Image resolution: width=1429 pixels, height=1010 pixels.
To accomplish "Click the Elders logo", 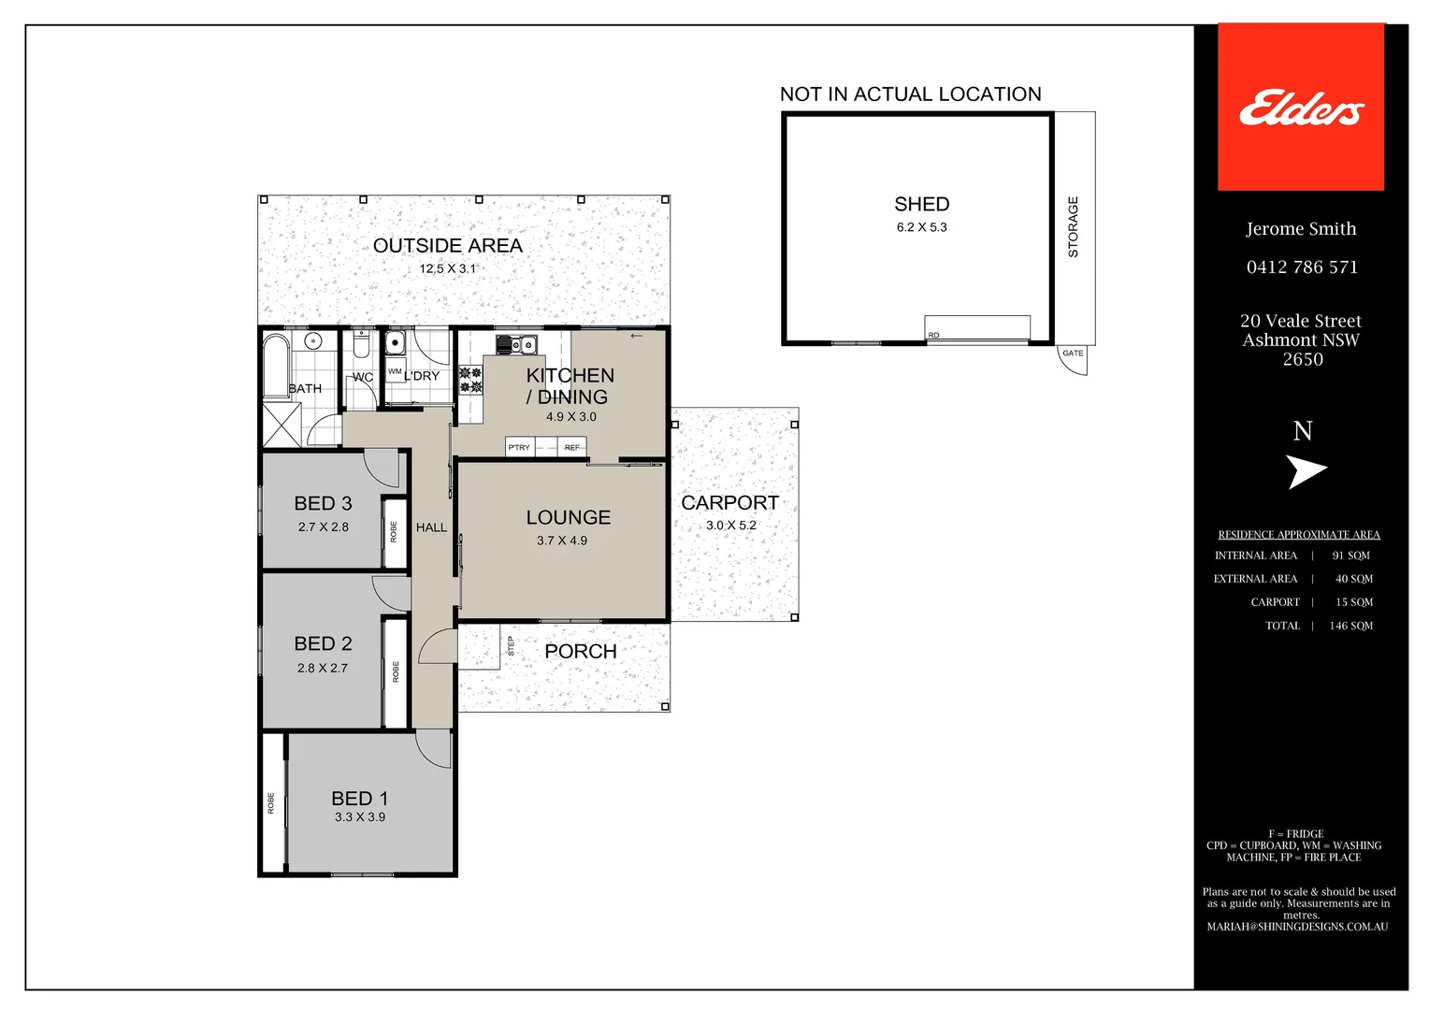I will [1301, 108].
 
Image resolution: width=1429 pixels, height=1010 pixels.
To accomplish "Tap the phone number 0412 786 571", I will [1302, 267].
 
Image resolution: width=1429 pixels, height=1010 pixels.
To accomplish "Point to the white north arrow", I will [1306, 471].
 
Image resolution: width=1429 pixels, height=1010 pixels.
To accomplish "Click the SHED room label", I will [921, 204].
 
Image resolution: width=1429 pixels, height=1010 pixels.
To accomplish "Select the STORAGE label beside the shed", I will [1073, 227].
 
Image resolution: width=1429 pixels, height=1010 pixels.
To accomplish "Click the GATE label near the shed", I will [1073, 353].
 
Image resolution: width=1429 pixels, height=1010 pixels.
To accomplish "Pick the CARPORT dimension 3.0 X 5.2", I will [730, 526].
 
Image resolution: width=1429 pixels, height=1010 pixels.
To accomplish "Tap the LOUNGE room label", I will [568, 517].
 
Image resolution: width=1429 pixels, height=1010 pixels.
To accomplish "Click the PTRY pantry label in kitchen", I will [519, 448].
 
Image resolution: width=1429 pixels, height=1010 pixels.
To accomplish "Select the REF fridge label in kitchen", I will [571, 448].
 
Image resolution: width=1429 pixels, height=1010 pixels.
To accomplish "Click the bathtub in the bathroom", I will [276, 367].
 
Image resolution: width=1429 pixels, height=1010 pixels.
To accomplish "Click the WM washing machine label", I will [395, 372].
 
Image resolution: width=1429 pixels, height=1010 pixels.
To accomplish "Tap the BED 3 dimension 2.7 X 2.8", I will [323, 527].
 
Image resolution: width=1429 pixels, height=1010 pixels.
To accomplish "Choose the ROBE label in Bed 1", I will [271, 803].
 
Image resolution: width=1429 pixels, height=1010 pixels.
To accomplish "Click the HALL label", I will [431, 527].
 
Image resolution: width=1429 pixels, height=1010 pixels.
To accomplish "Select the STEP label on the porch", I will [511, 645].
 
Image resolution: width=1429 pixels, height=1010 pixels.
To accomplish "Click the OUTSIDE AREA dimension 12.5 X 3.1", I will [447, 268].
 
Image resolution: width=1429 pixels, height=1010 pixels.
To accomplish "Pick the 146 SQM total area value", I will [1350, 626].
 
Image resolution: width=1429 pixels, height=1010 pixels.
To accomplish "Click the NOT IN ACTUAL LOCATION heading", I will [910, 94].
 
